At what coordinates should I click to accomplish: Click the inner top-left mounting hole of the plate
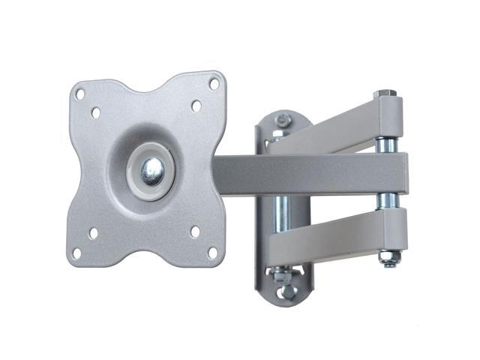click(97, 113)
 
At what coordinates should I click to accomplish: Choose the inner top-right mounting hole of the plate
click(196, 106)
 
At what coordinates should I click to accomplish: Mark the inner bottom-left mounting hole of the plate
click(93, 233)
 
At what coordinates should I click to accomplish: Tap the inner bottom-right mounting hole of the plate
click(195, 232)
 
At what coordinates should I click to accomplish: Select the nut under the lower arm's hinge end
click(388, 259)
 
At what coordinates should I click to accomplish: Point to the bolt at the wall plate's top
click(283, 119)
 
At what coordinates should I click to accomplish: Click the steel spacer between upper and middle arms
click(388, 142)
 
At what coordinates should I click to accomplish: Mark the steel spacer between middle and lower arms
click(388, 199)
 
